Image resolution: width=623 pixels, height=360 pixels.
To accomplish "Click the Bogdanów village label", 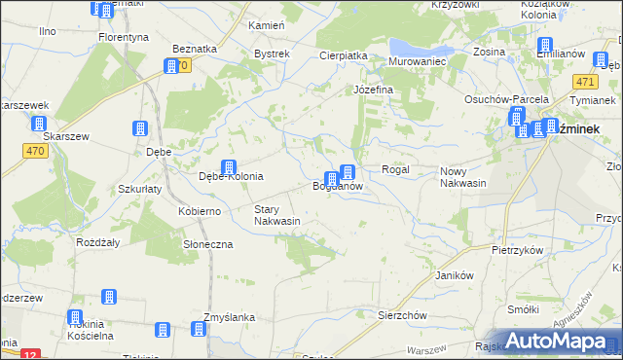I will pyautogui.click(x=338, y=186).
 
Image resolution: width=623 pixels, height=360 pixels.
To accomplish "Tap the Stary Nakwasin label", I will pyautogui.click(x=276, y=215).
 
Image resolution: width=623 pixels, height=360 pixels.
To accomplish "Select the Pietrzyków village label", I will pyautogui.click(x=517, y=250).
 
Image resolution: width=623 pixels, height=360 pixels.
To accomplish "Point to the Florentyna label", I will pyautogui.click(x=124, y=37).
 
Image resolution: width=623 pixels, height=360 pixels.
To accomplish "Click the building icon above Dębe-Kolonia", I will pyautogui.click(x=229, y=166).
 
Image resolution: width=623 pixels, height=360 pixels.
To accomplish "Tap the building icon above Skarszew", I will pyautogui.click(x=39, y=125).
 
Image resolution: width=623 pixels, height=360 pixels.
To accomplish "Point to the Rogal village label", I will pyautogui.click(x=395, y=169).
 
